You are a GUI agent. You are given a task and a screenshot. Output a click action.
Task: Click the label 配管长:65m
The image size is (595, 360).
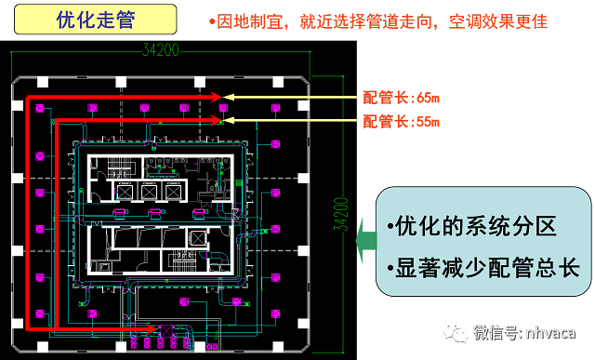click(x=400, y=97)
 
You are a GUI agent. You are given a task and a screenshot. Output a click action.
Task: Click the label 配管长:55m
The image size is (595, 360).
click(x=400, y=121)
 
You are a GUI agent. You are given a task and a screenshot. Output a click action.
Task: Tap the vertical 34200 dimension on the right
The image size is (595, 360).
click(x=342, y=214)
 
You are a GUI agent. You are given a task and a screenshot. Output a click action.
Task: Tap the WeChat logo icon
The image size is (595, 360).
click(x=455, y=332)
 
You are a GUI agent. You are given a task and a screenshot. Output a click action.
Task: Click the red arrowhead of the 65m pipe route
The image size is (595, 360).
click(x=220, y=97)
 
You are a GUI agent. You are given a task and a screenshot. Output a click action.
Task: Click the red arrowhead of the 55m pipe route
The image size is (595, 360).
click(x=220, y=119)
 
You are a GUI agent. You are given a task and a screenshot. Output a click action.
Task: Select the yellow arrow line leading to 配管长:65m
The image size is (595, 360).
click(x=288, y=97)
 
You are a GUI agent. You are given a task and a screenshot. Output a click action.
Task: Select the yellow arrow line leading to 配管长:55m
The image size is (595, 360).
click(x=288, y=120)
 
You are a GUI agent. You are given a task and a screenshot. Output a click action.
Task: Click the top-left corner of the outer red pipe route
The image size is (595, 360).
click(x=28, y=97)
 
